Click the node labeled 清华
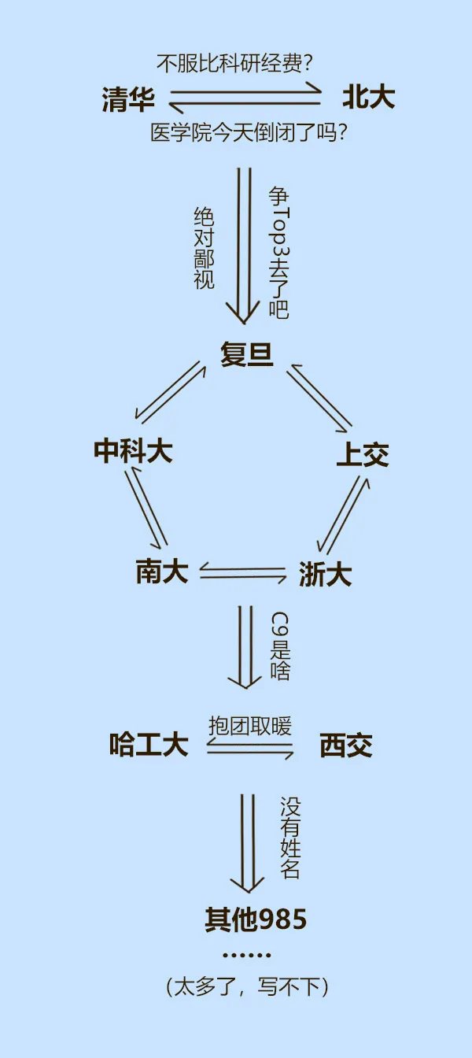click(128, 100)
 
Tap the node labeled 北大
click(368, 98)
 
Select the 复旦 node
click(247, 355)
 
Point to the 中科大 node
click(133, 451)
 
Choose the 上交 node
click(363, 455)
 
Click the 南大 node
click(162, 572)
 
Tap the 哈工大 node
click(149, 745)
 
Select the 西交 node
click(346, 745)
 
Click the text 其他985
click(256, 919)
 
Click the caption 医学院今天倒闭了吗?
click(249, 133)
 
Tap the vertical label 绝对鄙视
click(204, 248)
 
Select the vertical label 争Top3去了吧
click(278, 252)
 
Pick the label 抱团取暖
click(249, 725)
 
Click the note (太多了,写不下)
click(247, 986)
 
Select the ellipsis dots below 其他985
click(246, 955)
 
